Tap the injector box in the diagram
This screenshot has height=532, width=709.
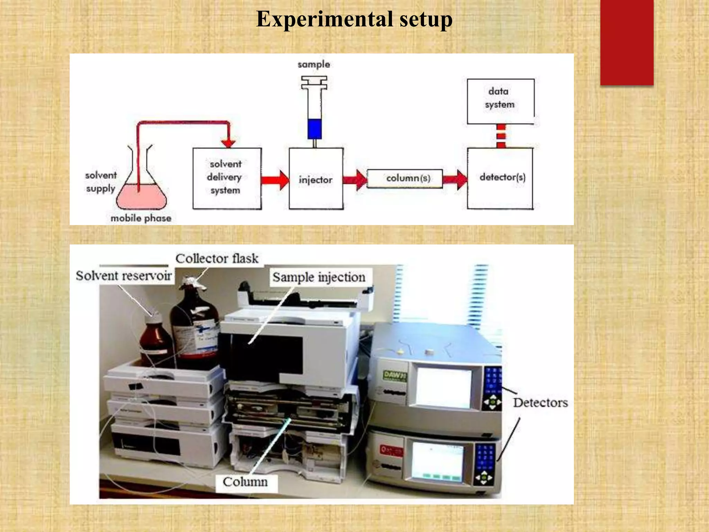[316, 179]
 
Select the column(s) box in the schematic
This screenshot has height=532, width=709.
[405, 178]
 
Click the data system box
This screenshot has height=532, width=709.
[500, 101]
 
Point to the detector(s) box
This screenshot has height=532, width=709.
[500, 178]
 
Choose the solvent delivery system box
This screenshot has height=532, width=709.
[227, 178]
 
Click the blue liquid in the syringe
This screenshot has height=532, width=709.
[315, 129]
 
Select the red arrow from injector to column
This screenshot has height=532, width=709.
[355, 179]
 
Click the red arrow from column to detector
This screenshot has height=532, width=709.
[455, 179]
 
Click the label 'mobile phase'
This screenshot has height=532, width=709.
[141, 218]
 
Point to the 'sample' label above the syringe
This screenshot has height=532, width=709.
[314, 64]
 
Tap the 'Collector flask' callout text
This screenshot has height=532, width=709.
[217, 258]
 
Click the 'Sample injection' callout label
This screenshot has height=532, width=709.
[319, 277]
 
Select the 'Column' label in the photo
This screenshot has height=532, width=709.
[245, 482]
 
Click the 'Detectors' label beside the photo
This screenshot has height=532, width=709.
[540, 402]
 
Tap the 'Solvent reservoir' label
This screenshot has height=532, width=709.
[124, 276]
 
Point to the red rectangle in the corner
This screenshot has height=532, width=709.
[627, 42]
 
